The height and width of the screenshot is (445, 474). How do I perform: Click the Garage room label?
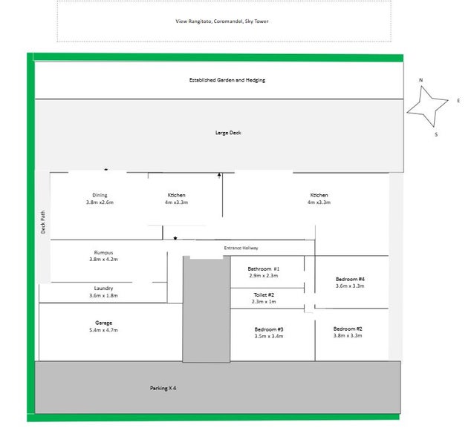pos(103,323)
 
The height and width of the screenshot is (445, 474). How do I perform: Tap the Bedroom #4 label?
pos(350,279)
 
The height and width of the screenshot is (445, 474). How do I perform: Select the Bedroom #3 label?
pos(269,329)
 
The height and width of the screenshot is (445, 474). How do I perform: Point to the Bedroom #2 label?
pos(348,329)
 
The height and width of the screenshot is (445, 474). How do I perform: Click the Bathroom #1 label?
pos(264,268)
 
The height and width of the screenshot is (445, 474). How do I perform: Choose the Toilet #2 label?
pos(264,294)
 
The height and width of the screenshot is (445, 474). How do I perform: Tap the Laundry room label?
pos(103,289)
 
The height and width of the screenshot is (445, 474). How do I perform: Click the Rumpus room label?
pos(103,252)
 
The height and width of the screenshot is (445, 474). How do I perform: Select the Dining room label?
pos(100,195)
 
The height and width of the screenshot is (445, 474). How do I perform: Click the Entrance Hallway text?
pos(241,248)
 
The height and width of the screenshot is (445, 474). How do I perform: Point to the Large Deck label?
pos(228,133)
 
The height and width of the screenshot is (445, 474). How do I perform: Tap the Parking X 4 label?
pos(163,389)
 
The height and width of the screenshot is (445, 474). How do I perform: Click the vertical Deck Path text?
pos(43,222)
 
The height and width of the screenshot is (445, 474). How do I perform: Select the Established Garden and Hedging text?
pos(227,80)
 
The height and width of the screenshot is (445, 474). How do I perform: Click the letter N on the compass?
pos(421,80)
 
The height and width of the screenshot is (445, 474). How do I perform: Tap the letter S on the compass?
pos(436,134)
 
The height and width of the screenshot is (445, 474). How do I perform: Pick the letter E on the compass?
pos(458,100)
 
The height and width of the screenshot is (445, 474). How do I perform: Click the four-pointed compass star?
pos(427,106)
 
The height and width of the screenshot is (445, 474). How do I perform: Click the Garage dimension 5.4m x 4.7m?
pos(103,330)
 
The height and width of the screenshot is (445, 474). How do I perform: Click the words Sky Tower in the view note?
pos(256,21)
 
